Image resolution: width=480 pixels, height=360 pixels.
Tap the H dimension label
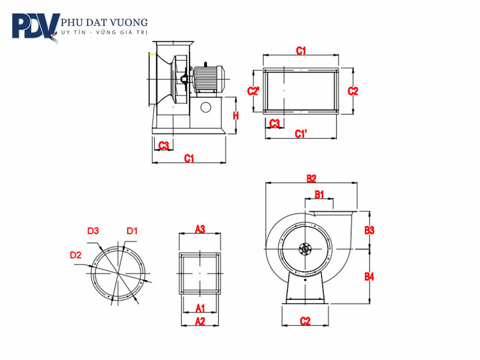coord(236,115)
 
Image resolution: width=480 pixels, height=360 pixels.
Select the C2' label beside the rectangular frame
coord(253,91)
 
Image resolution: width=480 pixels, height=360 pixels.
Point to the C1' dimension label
coord(301,133)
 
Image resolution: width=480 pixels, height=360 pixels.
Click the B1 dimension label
coord(319,194)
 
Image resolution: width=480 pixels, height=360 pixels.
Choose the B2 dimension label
coord(311,178)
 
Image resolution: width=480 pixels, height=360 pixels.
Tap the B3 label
coord(370,230)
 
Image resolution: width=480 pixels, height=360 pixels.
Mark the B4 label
coord(370,277)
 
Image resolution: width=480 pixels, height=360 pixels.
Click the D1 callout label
coord(132,230)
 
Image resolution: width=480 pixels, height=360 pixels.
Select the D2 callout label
coord(76,255)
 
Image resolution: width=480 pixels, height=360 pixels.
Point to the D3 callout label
coord(93,230)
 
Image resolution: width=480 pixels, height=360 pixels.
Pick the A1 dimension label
coord(200,308)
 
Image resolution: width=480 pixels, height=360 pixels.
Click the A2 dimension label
coord(200,322)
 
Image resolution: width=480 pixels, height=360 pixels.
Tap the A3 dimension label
coord(200,229)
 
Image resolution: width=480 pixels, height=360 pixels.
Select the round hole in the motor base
coord(206,107)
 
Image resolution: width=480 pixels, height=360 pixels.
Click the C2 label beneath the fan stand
coord(305,322)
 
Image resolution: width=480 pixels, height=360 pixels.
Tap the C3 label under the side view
coord(163,145)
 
